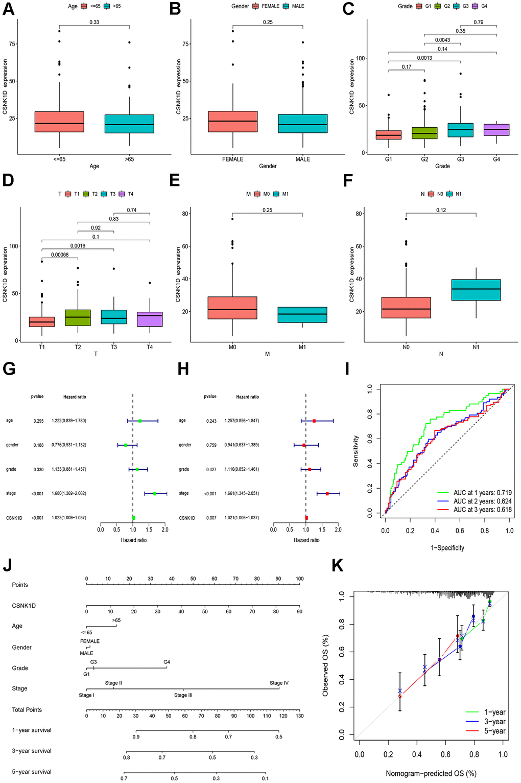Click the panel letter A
click(8, 9)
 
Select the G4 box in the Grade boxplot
click(496, 130)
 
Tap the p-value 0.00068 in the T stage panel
click(60, 255)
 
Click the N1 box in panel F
click(476, 290)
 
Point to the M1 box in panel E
click(302, 315)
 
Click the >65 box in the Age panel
click(129, 124)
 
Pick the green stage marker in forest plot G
click(154, 494)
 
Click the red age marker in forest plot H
click(314, 421)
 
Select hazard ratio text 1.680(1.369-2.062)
click(69, 494)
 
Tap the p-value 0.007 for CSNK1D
click(211, 518)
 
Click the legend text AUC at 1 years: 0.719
click(482, 493)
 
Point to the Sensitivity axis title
click(356, 451)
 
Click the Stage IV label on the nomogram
click(279, 683)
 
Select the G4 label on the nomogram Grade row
click(167, 662)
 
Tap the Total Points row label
click(27, 710)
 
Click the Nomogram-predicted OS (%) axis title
click(431, 773)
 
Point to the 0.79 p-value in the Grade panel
click(478, 22)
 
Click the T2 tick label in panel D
click(78, 347)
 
